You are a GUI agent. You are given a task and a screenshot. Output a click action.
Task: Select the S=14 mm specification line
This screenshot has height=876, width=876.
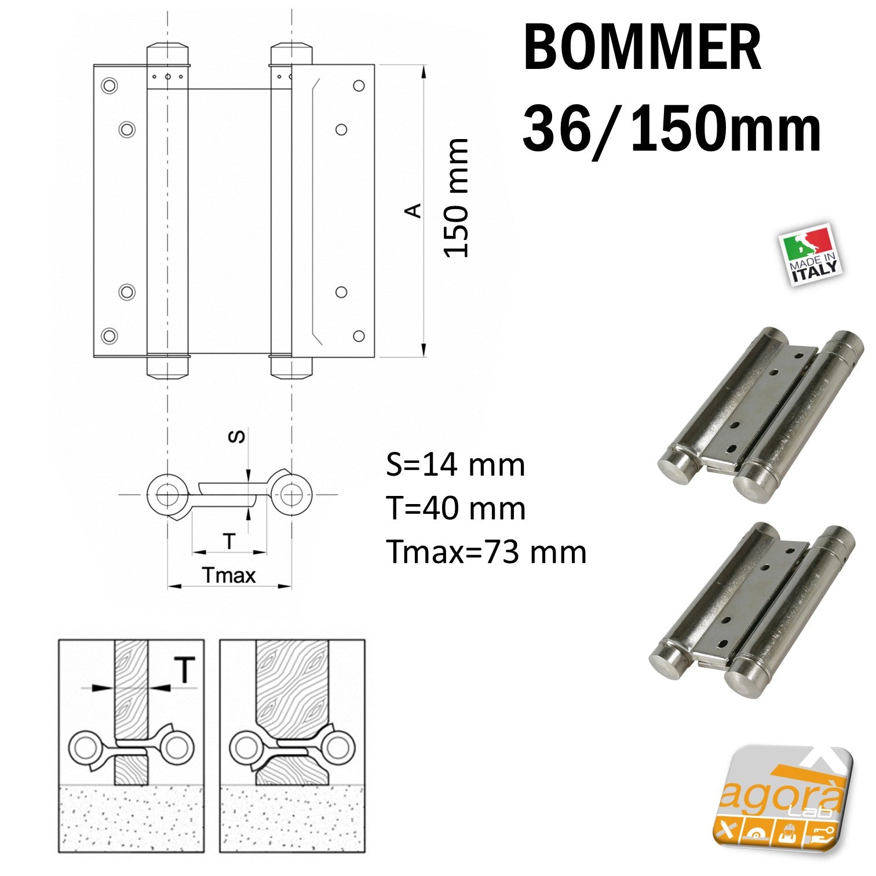(455, 465)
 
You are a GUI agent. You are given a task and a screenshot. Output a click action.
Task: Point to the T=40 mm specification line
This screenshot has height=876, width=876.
(456, 508)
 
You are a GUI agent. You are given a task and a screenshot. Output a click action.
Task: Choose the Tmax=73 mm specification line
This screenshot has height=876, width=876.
(486, 552)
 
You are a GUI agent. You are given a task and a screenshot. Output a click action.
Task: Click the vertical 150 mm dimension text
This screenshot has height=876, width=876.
(456, 198)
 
